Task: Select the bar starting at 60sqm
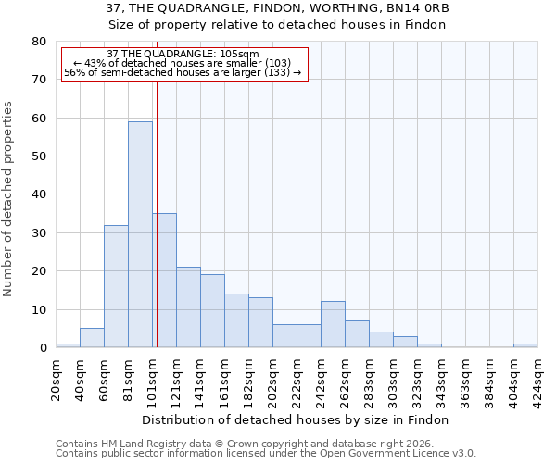tap(116, 286)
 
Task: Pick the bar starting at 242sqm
tap(333, 325)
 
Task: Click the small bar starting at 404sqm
tap(525, 345)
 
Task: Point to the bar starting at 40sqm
tap(92, 338)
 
